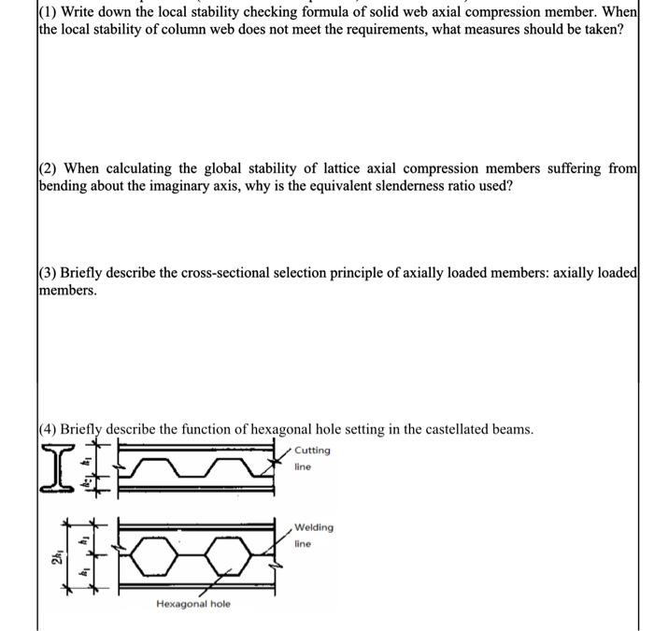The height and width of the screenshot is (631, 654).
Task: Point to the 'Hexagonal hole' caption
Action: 193,604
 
